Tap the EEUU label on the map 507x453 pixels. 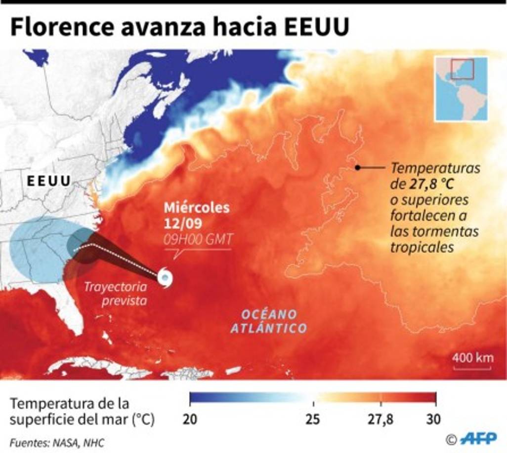pyautogui.click(x=48, y=181)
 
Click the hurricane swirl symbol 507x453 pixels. pyautogui.click(x=165, y=277)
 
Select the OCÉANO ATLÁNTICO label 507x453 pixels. pyautogui.click(x=269, y=321)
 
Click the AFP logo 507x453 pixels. pyautogui.click(x=477, y=438)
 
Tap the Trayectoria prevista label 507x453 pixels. pyautogui.click(x=115, y=294)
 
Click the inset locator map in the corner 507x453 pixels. pyautogui.click(x=461, y=88)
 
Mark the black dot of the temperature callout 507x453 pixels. pyautogui.click(x=357, y=168)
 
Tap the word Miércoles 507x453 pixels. pyautogui.click(x=197, y=208)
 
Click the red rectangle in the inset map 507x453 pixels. pyautogui.click(x=462, y=69)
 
